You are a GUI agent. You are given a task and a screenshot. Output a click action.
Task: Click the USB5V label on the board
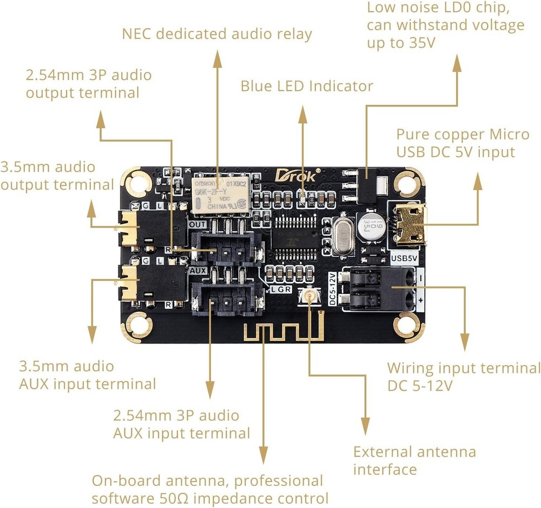(404, 258)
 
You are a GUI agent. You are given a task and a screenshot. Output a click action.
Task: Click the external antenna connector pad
(311, 295)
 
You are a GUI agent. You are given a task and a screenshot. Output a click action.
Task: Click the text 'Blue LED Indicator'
(307, 86)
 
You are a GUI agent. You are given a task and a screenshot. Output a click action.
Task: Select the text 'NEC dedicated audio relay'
(217, 34)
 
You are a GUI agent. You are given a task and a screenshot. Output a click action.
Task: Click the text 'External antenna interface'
(414, 460)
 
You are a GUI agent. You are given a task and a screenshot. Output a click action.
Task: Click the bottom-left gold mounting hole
(134, 326)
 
